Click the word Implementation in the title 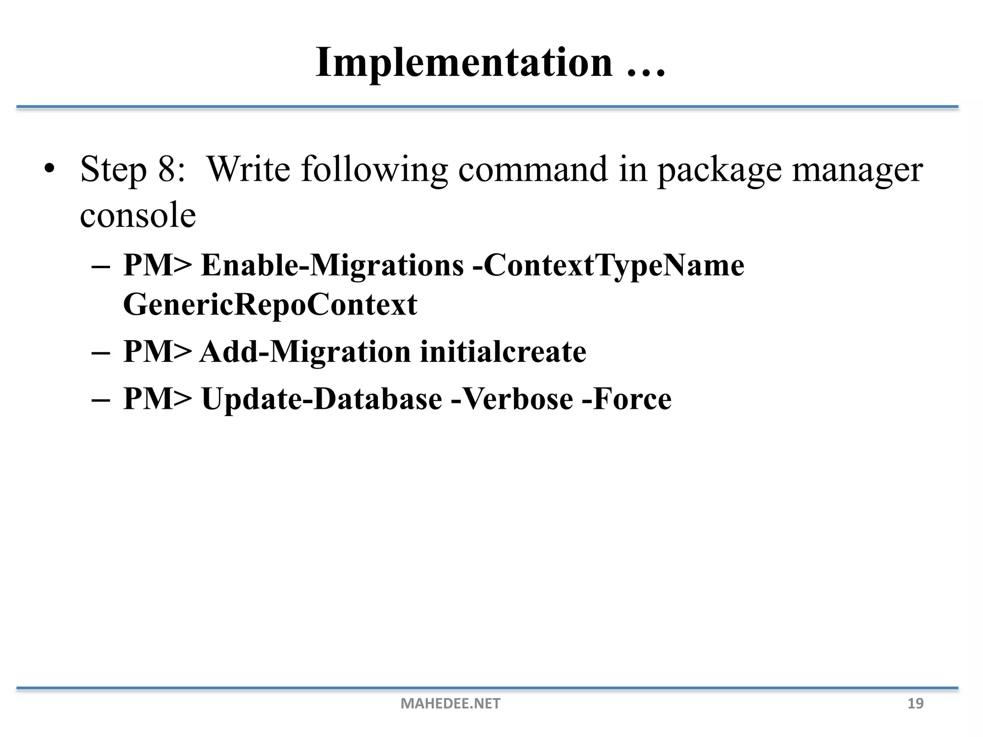coord(464,63)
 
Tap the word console coord(138,215)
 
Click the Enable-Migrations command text coord(332,265)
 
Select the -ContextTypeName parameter coord(608,265)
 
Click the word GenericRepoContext coord(270,304)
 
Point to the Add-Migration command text coord(305,352)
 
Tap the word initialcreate coord(503,352)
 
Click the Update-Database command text coord(322,399)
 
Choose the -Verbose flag coord(512,399)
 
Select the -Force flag coord(626,399)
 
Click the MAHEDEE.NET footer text coord(450,703)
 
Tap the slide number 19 coord(915,703)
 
